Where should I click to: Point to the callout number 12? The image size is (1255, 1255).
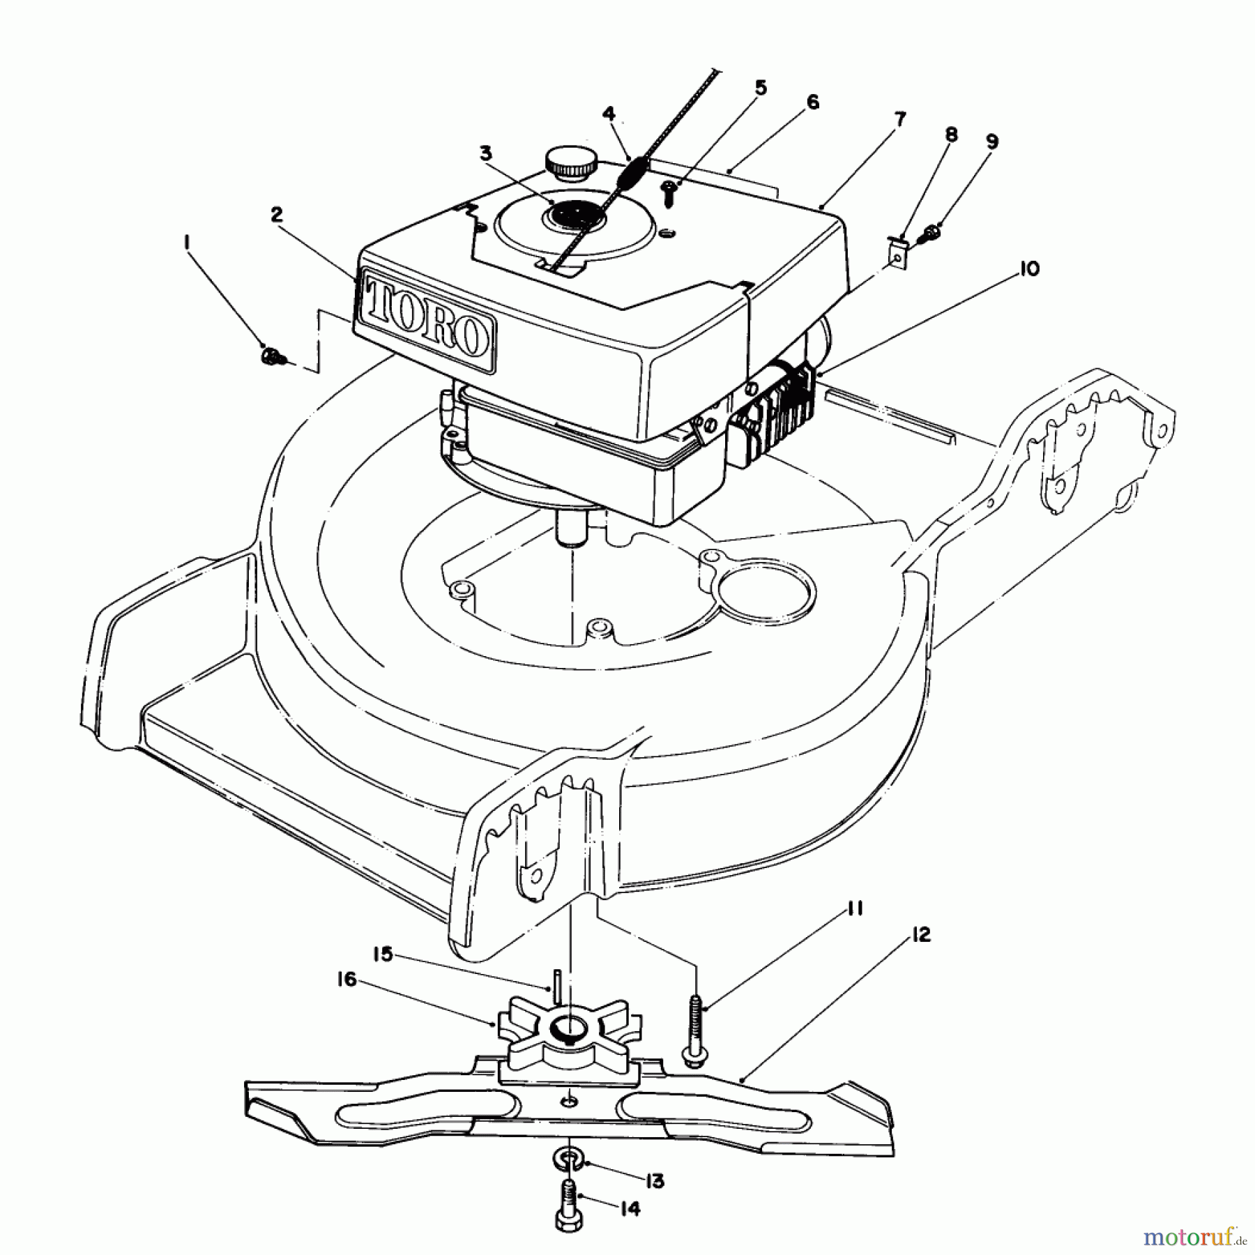920,935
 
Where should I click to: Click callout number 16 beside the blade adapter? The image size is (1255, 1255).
347,980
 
